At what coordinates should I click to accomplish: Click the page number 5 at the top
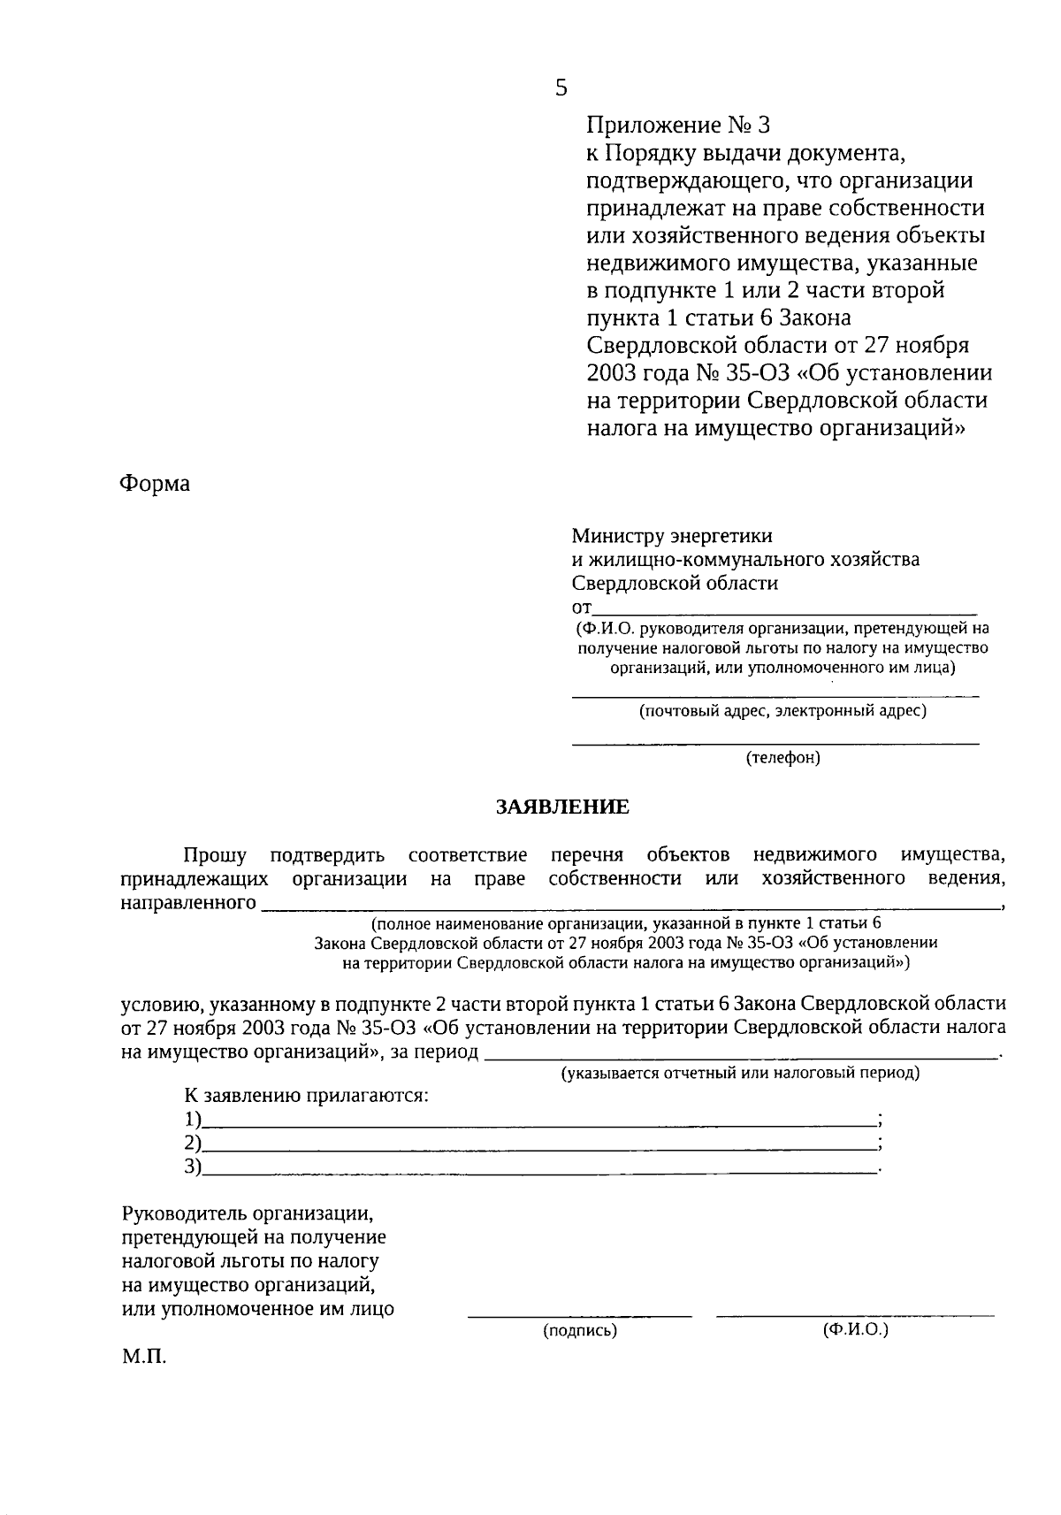click(561, 88)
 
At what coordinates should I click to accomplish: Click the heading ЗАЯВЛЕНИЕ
click(562, 807)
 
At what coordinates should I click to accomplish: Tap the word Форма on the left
click(155, 484)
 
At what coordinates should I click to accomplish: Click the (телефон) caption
click(783, 758)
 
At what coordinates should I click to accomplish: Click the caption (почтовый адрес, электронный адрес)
click(782, 710)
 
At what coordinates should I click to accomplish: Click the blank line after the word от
click(784, 611)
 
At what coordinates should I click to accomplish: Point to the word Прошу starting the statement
click(215, 854)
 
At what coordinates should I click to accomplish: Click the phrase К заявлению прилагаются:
click(306, 1096)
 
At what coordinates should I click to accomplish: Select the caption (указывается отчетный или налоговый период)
click(740, 1073)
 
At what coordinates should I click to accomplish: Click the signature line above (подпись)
click(580, 1316)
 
